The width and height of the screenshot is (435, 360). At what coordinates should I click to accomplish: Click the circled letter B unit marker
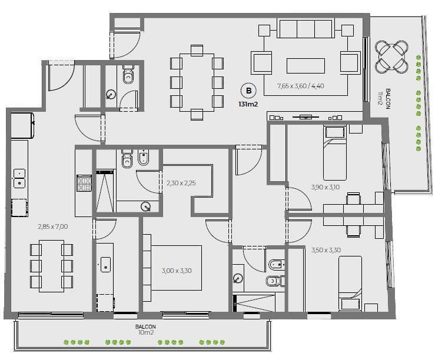tap(248, 91)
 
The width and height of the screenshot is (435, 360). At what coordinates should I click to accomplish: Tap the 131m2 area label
tap(248, 105)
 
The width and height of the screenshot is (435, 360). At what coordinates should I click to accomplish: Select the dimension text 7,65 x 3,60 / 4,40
tap(300, 86)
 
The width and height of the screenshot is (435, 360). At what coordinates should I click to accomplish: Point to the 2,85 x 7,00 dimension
tap(53, 226)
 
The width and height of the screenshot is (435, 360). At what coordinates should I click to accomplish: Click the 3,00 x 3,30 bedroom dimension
tap(177, 271)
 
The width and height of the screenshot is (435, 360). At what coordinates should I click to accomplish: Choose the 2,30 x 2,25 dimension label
tap(181, 183)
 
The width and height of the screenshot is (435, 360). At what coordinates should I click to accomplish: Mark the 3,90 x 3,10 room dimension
tap(325, 187)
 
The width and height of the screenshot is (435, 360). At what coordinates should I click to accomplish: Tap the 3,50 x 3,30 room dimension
tap(326, 250)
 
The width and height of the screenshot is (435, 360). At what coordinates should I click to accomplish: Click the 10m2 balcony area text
tap(145, 332)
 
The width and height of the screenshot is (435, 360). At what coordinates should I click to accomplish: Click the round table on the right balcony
tap(391, 56)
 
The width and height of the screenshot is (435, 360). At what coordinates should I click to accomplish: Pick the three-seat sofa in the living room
tap(305, 29)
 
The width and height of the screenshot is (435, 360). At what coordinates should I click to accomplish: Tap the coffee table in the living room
tap(306, 66)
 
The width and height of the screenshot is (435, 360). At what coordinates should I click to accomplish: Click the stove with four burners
tap(84, 183)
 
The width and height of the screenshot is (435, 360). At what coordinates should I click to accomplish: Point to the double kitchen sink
tap(19, 179)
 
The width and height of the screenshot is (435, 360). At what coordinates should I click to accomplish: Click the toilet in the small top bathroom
tap(128, 74)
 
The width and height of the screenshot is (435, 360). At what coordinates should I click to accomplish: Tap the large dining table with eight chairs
tap(197, 82)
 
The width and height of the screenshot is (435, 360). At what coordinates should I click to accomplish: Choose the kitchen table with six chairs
tap(51, 266)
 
